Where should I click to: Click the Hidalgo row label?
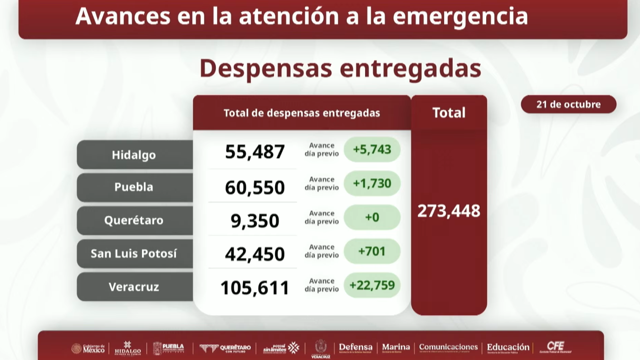pyautogui.click(x=134, y=155)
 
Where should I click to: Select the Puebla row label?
pyautogui.click(x=134, y=187)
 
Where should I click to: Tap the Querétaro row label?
pyautogui.click(x=134, y=220)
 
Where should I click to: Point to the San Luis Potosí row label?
pyautogui.click(x=134, y=253)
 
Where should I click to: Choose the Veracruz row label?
pyautogui.click(x=134, y=287)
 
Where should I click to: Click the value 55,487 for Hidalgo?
pyautogui.click(x=255, y=151)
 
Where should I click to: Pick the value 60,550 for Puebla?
pyautogui.click(x=255, y=187)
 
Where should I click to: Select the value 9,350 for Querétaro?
pyautogui.click(x=255, y=221)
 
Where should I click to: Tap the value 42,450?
pyautogui.click(x=255, y=254)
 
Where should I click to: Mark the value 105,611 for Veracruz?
pyautogui.click(x=255, y=287)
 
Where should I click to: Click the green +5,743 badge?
pyautogui.click(x=372, y=149)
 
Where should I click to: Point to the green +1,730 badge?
pyautogui.click(x=372, y=183)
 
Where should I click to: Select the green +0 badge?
pyautogui.click(x=372, y=217)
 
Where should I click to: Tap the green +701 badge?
pyautogui.click(x=372, y=251)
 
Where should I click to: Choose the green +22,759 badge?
pyautogui.click(x=372, y=285)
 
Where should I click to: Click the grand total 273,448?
pyautogui.click(x=449, y=211)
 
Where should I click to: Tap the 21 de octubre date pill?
pyautogui.click(x=568, y=104)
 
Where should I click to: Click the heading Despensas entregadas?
pyautogui.click(x=340, y=68)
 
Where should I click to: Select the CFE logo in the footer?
pyautogui.click(x=556, y=347)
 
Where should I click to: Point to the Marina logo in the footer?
pyautogui.click(x=396, y=348)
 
